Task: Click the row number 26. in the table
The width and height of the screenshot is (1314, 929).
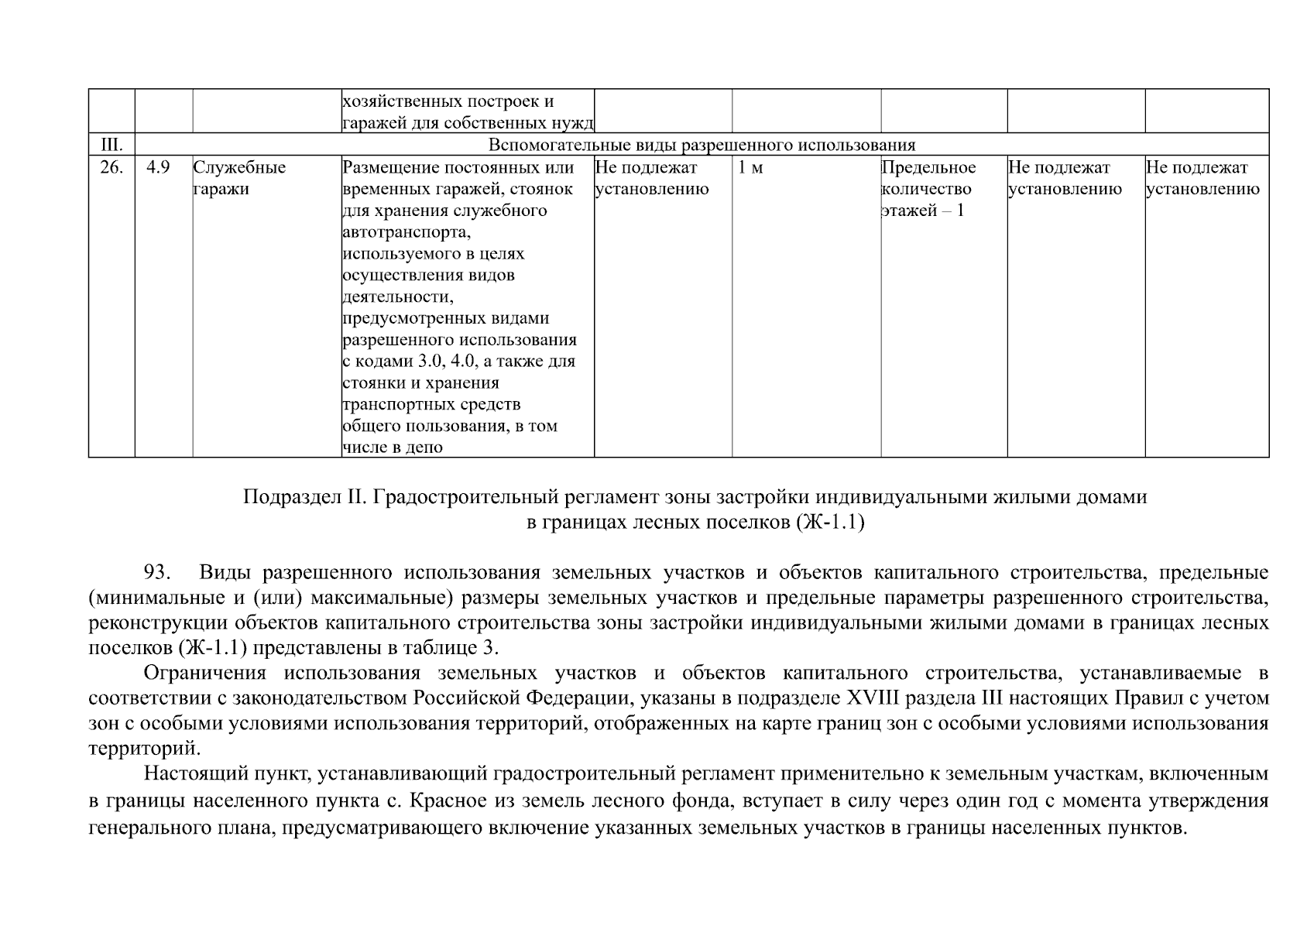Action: click(x=112, y=168)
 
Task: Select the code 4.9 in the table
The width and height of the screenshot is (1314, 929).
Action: click(x=158, y=168)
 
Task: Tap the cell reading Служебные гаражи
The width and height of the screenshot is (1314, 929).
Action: click(x=238, y=179)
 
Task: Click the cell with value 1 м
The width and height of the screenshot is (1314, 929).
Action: click(x=750, y=168)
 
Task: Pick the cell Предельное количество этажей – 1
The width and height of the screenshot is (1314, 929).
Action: click(x=928, y=190)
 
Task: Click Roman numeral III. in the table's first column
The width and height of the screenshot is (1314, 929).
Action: click(x=112, y=145)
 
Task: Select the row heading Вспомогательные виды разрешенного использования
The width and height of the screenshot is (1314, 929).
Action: click(x=702, y=145)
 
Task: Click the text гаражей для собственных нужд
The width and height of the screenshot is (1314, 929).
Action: click(x=468, y=123)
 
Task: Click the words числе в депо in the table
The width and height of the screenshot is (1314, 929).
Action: click(x=393, y=447)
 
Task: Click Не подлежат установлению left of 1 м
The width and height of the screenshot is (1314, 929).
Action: click(x=651, y=179)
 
